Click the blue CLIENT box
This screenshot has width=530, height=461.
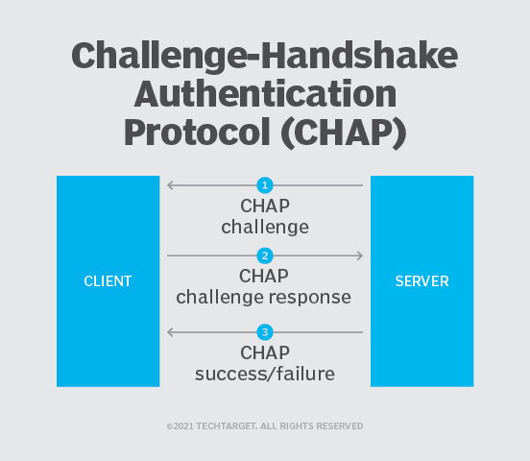tap(108, 281)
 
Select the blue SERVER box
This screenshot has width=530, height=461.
tap(422, 281)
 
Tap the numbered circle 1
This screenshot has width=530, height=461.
tap(265, 184)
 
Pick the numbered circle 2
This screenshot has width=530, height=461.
tap(265, 255)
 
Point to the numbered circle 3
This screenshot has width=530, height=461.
tap(265, 332)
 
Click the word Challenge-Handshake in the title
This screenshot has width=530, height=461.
tap(265, 57)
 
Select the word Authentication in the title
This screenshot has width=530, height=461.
tap(265, 94)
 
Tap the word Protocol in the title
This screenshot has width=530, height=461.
tap(197, 133)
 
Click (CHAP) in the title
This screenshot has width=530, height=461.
tap(335, 133)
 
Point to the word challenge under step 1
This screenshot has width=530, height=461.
tap(265, 228)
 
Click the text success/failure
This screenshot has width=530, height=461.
tap(265, 374)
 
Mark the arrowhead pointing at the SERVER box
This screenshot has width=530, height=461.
tap(359, 255)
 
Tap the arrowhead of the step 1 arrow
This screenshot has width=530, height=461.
tap(171, 184)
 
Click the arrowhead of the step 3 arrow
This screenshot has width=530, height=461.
tap(171, 332)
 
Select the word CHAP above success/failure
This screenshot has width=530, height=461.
tap(265, 352)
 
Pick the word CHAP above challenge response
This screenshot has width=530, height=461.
tap(265, 277)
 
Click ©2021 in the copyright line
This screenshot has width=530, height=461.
tap(181, 425)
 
